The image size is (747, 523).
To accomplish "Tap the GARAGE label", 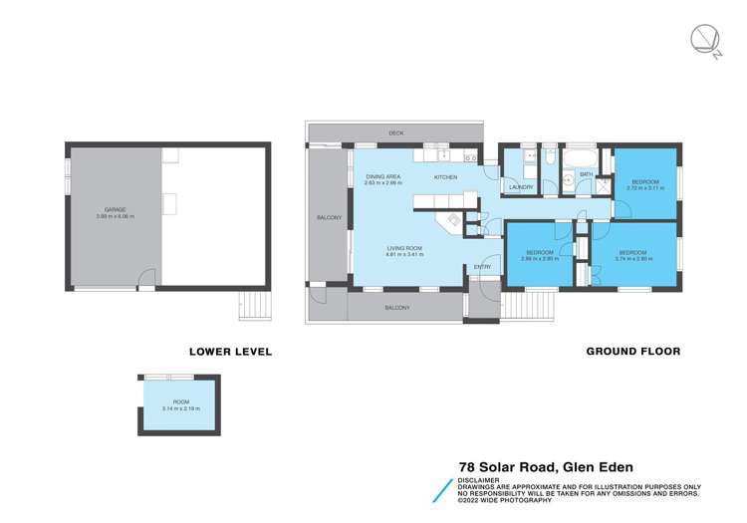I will pyautogui.click(x=115, y=212).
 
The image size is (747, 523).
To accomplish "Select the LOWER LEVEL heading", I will pyautogui.click(x=230, y=351).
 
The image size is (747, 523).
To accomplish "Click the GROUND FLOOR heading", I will pyautogui.click(x=632, y=351).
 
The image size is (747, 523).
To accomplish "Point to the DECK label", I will pyautogui.click(x=395, y=132).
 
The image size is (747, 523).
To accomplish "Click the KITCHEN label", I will pyautogui.click(x=445, y=176).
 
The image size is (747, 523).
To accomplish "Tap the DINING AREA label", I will pyautogui.click(x=381, y=176).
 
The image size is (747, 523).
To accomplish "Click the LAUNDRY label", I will pyautogui.click(x=521, y=186).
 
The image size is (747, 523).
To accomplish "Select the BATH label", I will pyautogui.click(x=587, y=175).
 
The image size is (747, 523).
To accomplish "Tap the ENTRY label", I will pyautogui.click(x=482, y=266).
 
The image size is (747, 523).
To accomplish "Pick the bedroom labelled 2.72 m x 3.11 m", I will pyautogui.click(x=645, y=182).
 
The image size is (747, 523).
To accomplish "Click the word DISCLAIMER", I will pyautogui.click(x=481, y=479).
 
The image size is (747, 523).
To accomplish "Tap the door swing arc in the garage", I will pyautogui.click(x=146, y=279).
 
